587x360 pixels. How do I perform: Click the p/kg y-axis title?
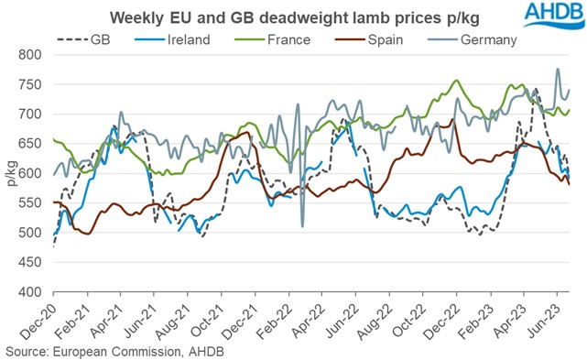point(11,173)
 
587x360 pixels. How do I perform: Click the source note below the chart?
point(114,351)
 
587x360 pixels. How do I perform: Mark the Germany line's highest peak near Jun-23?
point(559,69)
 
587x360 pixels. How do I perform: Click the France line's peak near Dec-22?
point(457,81)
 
